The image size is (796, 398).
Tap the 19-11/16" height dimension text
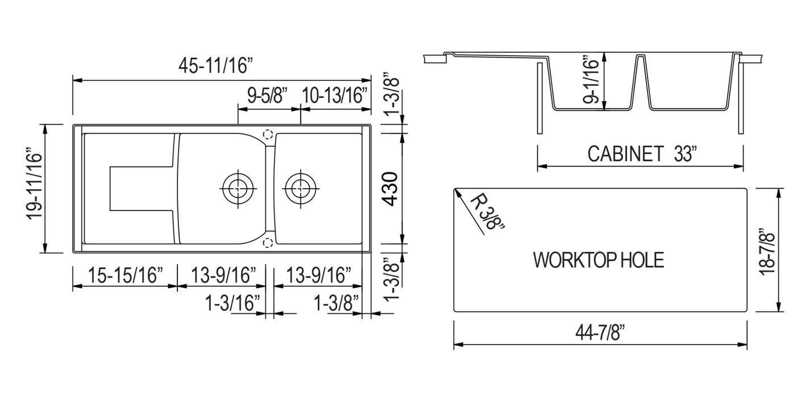pos(35,188)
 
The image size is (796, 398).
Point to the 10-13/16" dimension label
pos(334,96)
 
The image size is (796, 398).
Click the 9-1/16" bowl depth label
pos(591,80)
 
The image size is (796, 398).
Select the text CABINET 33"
pos(642,154)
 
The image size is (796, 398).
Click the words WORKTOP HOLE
pos(598,260)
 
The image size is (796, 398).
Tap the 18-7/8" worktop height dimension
pos(768,250)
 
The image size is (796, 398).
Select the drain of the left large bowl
pos(237,186)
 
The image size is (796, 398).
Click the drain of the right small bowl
pos(300,186)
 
